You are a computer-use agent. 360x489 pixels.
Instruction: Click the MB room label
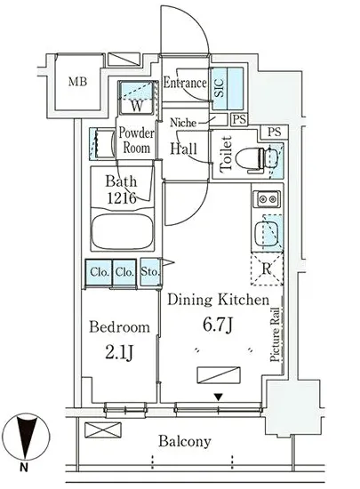(x=77, y=82)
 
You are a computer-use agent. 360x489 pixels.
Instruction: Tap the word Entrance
(x=185, y=83)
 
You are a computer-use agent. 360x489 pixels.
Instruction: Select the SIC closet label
(x=220, y=88)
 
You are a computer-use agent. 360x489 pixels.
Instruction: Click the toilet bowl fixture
(x=252, y=161)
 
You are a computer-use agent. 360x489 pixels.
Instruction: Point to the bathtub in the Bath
(x=123, y=231)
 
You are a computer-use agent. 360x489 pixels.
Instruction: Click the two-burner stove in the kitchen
(x=267, y=199)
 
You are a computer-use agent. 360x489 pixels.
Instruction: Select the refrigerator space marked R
(x=268, y=269)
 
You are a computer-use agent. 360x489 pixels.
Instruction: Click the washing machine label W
(x=137, y=106)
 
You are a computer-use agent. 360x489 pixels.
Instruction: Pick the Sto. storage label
(x=150, y=272)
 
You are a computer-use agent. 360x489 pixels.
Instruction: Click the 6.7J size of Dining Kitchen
(x=218, y=325)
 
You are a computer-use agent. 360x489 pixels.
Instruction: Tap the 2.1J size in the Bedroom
(x=119, y=353)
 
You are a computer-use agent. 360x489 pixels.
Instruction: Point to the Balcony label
(x=185, y=441)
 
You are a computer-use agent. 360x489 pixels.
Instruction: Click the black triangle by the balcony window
(x=219, y=397)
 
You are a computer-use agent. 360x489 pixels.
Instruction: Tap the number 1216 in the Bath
(x=122, y=197)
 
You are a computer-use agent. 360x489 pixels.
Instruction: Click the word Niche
(x=183, y=123)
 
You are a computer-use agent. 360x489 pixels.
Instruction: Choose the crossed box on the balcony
(x=102, y=430)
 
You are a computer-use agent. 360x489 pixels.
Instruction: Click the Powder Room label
(x=137, y=140)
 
